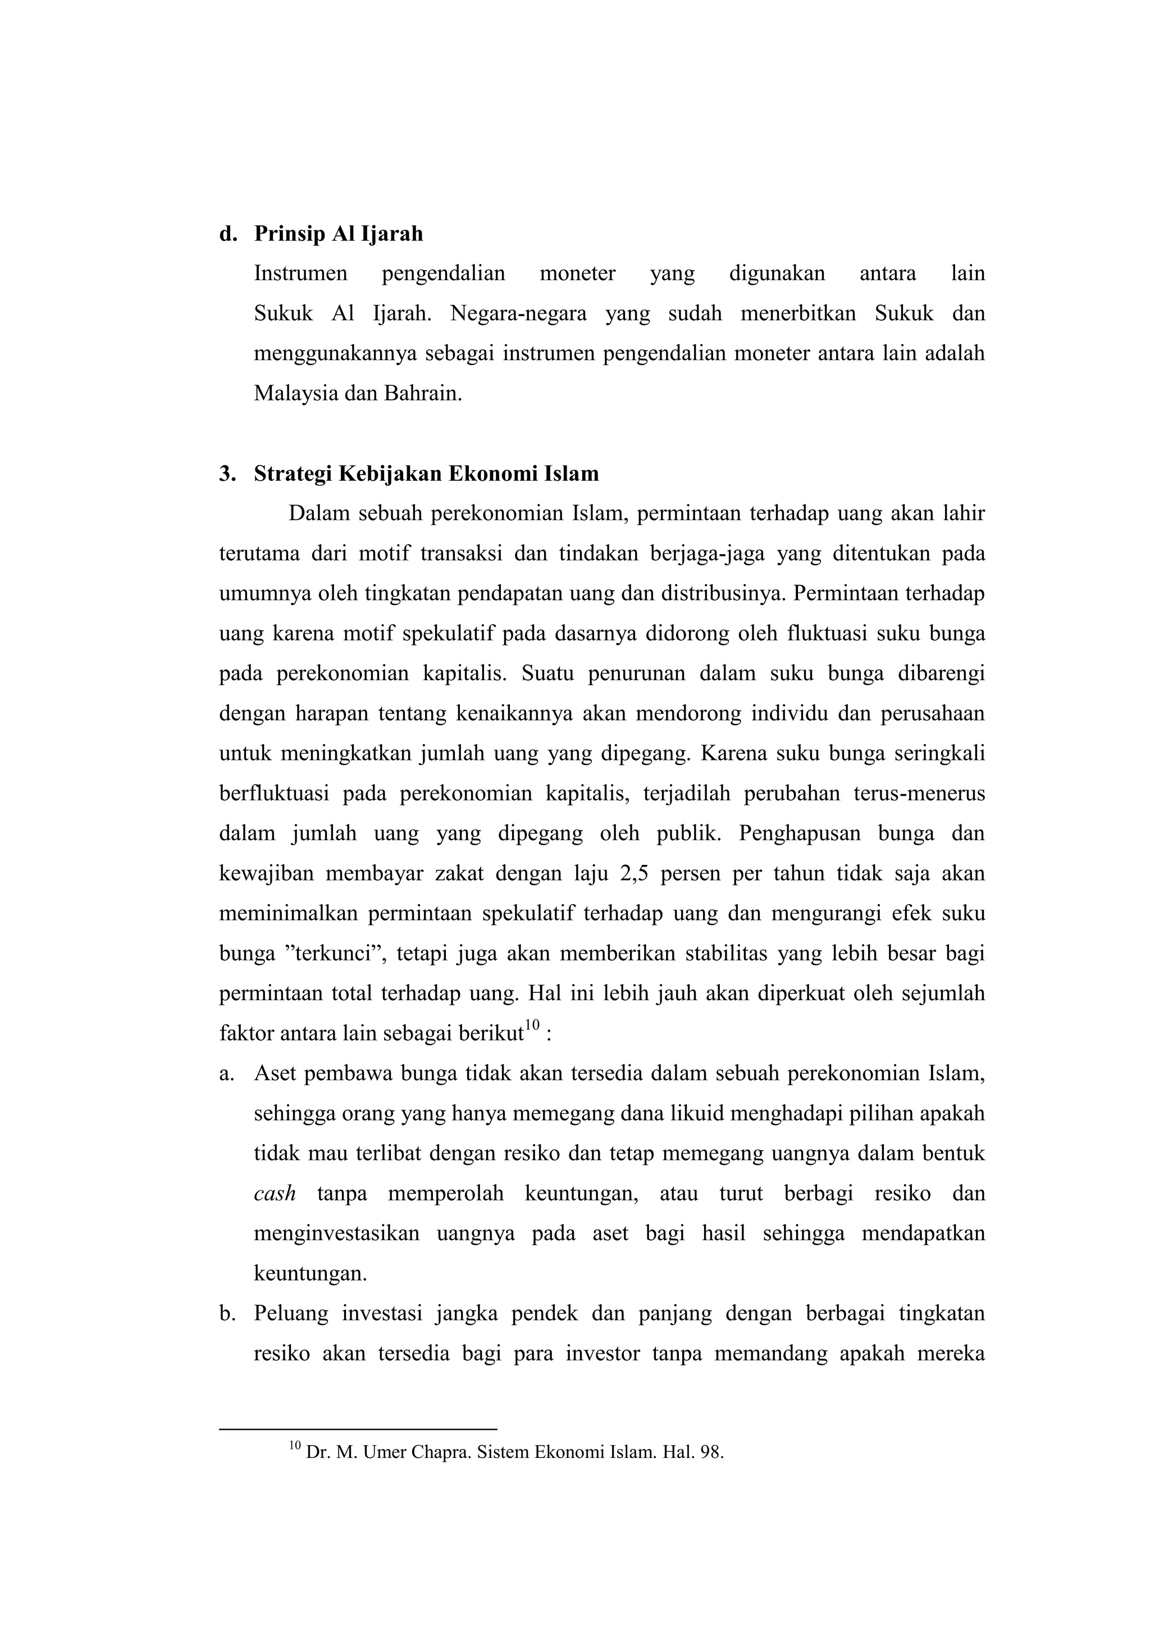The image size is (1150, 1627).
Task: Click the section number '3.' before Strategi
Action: [x=227, y=473]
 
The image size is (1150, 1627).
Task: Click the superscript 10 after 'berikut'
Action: [x=532, y=1026]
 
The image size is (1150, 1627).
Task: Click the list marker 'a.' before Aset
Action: [x=226, y=1074]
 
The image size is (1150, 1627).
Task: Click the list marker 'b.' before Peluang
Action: [x=227, y=1314]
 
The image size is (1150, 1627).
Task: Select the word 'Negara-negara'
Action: [x=518, y=314]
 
